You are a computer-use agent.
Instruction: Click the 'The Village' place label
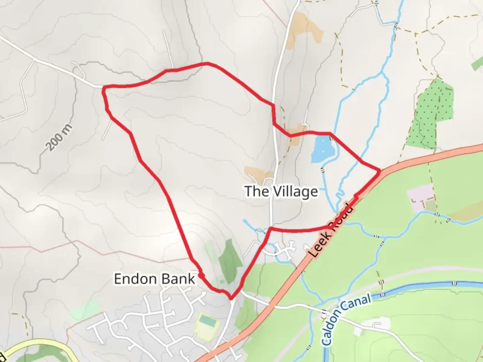(281, 192)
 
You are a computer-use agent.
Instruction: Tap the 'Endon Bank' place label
(154, 279)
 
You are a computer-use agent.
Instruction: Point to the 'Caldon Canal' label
(347, 319)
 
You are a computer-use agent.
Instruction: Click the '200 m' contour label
(59, 137)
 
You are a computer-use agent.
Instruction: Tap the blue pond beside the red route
(322, 148)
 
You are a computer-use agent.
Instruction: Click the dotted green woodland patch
(431, 114)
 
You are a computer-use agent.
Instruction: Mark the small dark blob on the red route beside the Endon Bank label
(202, 275)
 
